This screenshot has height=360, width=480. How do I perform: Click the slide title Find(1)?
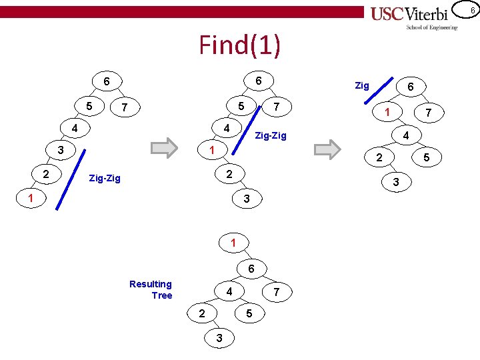point(240,45)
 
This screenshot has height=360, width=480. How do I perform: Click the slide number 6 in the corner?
point(471,9)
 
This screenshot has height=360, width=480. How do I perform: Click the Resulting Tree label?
point(151,290)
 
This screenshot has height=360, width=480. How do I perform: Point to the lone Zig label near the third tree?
point(362,85)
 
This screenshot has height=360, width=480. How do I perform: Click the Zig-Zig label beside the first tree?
point(105,178)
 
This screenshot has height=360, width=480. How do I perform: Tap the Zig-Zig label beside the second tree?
point(271,136)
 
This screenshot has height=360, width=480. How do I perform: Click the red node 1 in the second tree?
point(211,150)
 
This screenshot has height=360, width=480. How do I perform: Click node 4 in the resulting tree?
point(229,291)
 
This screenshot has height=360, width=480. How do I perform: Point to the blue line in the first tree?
point(69,180)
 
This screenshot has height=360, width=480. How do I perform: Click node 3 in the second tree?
point(246,199)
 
